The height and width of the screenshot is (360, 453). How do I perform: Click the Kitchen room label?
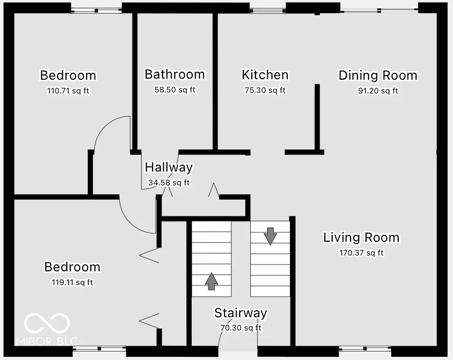[265, 75]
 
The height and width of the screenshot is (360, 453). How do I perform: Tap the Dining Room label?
[378, 75]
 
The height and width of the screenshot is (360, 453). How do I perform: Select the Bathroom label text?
[174, 74]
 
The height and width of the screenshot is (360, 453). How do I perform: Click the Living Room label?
[361, 238]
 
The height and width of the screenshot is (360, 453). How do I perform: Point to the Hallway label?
[168, 168]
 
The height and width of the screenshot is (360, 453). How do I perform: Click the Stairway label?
[240, 313]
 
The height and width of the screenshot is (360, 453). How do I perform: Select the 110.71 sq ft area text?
[68, 91]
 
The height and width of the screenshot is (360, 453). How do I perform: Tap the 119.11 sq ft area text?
[71, 282]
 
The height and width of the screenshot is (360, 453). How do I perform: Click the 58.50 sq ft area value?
[174, 90]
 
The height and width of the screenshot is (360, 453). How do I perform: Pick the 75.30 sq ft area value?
[265, 90]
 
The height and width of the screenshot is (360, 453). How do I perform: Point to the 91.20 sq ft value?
[378, 91]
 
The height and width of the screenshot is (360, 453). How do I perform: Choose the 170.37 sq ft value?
[361, 253]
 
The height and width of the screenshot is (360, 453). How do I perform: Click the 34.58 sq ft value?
[168, 183]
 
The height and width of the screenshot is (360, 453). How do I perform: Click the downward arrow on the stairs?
[270, 236]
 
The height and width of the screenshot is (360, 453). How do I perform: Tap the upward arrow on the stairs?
[211, 281]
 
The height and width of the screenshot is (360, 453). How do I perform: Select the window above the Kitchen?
[267, 8]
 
